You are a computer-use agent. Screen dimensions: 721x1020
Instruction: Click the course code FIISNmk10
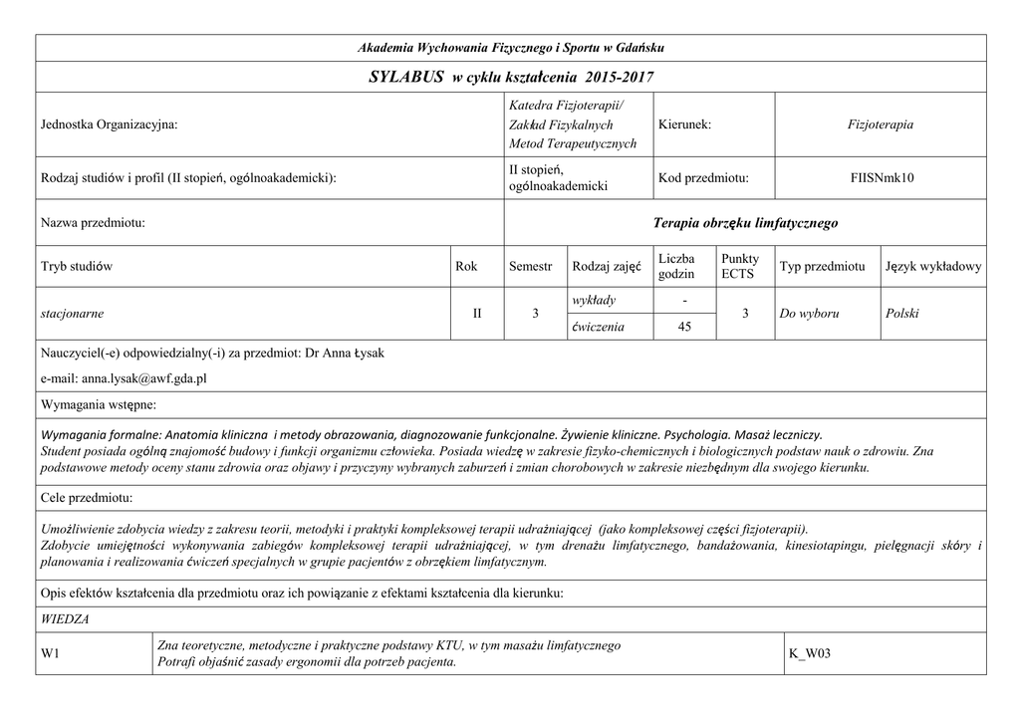pos(882,178)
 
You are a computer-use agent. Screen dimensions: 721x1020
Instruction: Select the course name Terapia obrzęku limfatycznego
pos(745,223)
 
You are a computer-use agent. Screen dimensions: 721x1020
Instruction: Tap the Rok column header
pos(466,267)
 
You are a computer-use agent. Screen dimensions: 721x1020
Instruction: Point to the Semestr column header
pos(530,267)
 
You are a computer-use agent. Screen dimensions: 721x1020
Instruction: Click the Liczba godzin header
pos(676,266)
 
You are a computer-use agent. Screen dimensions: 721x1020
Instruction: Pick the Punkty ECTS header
pos(739,266)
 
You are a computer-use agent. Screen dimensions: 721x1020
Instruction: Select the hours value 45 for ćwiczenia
pos(683,326)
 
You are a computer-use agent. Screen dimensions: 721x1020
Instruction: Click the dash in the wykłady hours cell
pos(683,301)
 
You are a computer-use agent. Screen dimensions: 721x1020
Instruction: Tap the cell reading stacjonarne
pos(72,314)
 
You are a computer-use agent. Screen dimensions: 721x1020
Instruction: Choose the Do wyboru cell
pos(809,314)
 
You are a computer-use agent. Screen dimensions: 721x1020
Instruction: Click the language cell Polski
pos(901,314)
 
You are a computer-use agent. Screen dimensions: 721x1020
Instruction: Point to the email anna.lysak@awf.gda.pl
pos(124,379)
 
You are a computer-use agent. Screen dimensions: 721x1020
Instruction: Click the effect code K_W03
pos(809,654)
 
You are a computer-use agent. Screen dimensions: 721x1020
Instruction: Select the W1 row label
pos(49,654)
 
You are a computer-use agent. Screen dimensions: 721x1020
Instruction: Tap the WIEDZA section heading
pos(64,619)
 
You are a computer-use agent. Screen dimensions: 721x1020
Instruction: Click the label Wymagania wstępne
pos(98,405)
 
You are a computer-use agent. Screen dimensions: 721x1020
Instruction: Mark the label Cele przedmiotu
pos(87,497)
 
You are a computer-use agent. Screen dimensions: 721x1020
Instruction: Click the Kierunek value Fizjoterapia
pos(880,124)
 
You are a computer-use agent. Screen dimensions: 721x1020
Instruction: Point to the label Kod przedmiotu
pos(702,178)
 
